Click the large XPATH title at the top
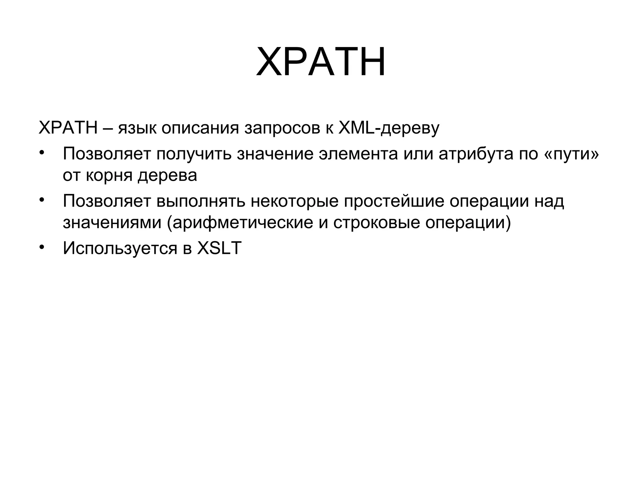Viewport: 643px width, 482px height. (321, 62)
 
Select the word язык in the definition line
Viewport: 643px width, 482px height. (137, 128)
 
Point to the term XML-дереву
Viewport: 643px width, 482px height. (389, 128)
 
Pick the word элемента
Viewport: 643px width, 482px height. (358, 154)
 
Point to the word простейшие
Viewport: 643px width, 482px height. (394, 201)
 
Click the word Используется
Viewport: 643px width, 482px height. (120, 248)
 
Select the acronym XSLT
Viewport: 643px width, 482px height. (219, 248)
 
